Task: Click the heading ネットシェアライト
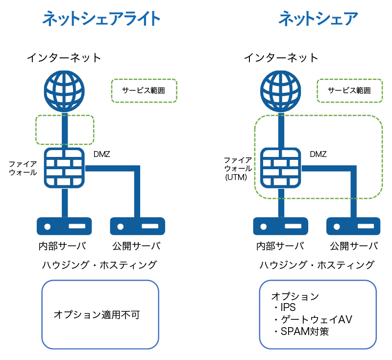coord(101,19)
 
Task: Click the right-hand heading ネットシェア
coord(318,19)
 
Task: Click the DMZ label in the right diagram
coord(318,154)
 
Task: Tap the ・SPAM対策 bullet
coord(301,331)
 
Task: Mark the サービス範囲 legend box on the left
coord(144,91)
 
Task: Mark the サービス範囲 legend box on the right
coord(349,91)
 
